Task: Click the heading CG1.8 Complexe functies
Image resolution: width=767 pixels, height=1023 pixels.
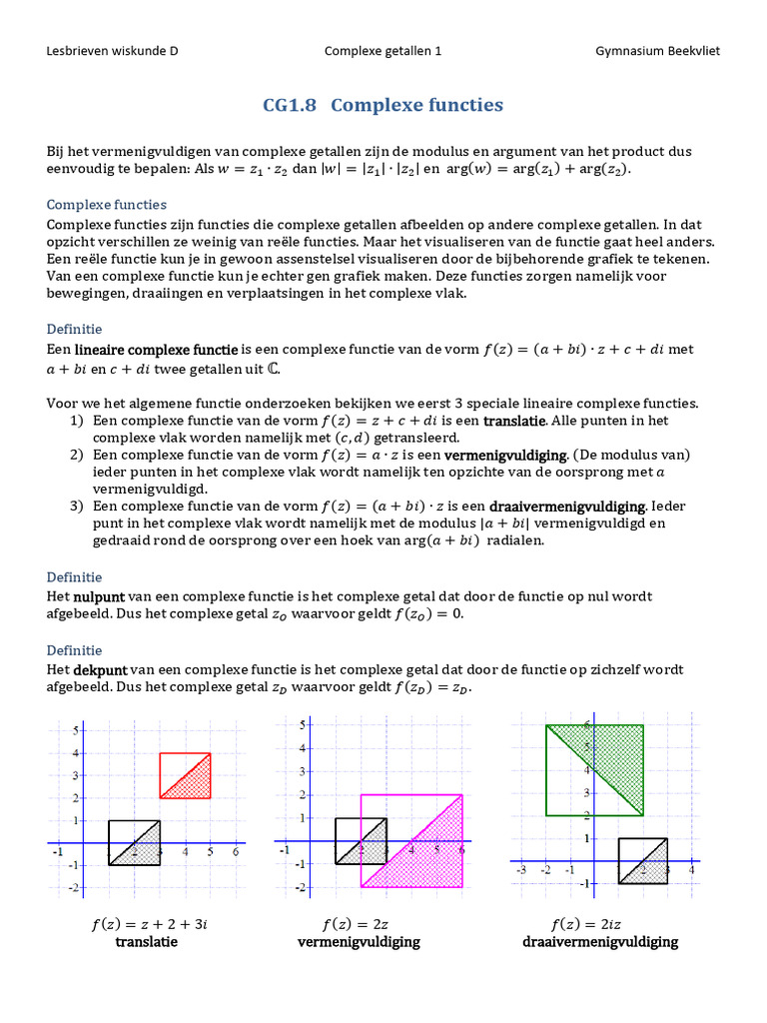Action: tap(383, 106)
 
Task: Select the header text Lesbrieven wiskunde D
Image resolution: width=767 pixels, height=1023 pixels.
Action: tap(113, 52)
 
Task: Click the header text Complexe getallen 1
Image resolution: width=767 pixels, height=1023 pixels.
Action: tap(383, 52)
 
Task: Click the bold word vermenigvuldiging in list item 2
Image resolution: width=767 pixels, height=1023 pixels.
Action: tap(506, 455)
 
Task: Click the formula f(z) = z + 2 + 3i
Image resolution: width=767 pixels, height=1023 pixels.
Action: tap(148, 924)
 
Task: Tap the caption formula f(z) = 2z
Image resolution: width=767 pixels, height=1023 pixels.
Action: tap(358, 924)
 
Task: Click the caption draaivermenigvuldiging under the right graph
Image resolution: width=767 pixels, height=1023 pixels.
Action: tap(599, 942)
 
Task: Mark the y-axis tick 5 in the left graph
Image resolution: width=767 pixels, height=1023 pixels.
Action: tap(74, 731)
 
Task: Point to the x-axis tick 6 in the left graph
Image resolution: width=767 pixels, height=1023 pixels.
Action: tap(235, 852)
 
